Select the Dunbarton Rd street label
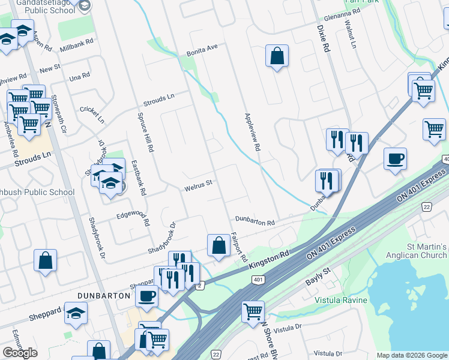point(255,221)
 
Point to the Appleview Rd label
point(252,132)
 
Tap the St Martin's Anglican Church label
point(418,251)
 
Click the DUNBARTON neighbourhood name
point(104,296)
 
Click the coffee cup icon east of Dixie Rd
point(395,159)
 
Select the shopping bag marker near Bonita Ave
point(277,56)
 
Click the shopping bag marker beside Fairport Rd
point(218,245)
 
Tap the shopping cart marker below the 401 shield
point(253,311)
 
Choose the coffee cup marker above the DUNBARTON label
point(146,295)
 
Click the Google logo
point(20,353)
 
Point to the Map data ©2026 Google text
point(412,355)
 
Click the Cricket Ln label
point(92,113)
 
